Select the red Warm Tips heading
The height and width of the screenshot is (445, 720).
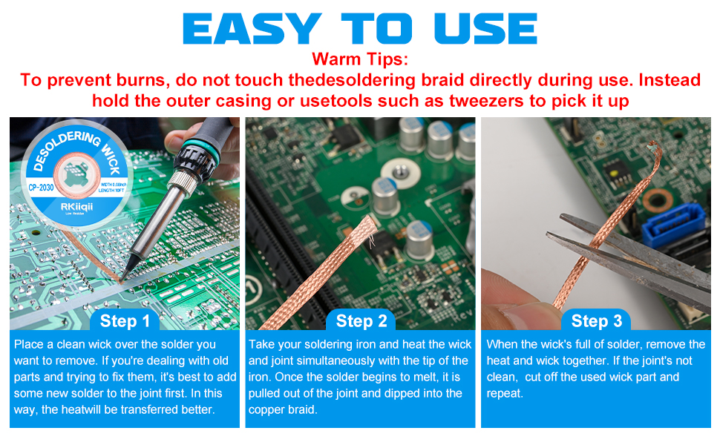(x=360, y=59)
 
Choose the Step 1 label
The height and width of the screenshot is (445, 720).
(x=125, y=321)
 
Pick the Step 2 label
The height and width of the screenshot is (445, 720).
(x=361, y=321)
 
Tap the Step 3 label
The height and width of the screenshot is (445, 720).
(x=597, y=321)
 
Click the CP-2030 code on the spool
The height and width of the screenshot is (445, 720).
(x=42, y=188)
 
